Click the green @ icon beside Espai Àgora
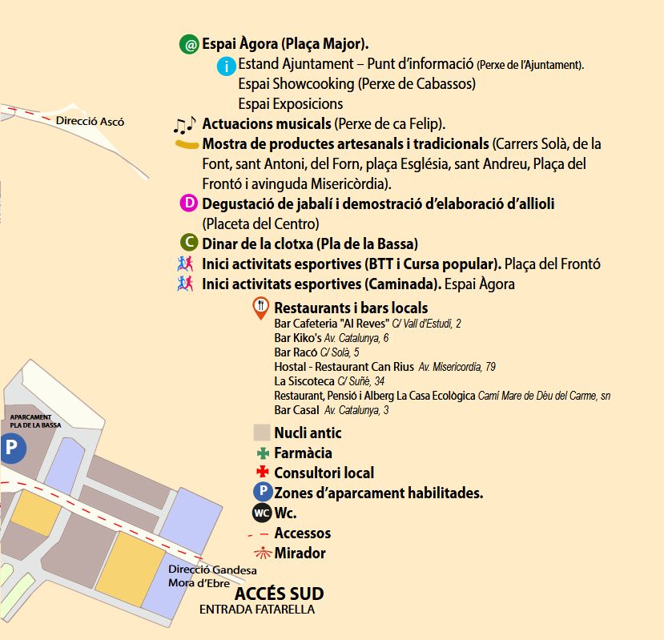click(x=190, y=45)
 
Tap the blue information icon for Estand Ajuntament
click(x=227, y=66)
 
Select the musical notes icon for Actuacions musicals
click(x=184, y=125)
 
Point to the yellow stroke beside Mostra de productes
click(x=187, y=145)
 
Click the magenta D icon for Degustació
click(x=190, y=203)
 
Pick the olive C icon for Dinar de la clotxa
click(x=190, y=244)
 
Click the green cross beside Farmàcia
click(x=261, y=453)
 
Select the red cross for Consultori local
click(x=261, y=473)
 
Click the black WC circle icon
click(x=262, y=513)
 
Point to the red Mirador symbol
click(x=261, y=553)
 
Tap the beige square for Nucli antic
click(x=261, y=433)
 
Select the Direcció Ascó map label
click(x=91, y=122)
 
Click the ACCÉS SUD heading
click(x=279, y=594)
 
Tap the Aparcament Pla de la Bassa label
click(x=35, y=421)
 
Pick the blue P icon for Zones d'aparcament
click(x=262, y=493)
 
